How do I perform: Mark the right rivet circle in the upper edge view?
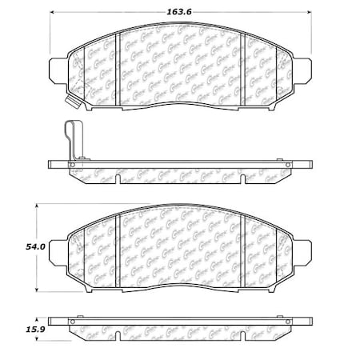coord(288,166)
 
